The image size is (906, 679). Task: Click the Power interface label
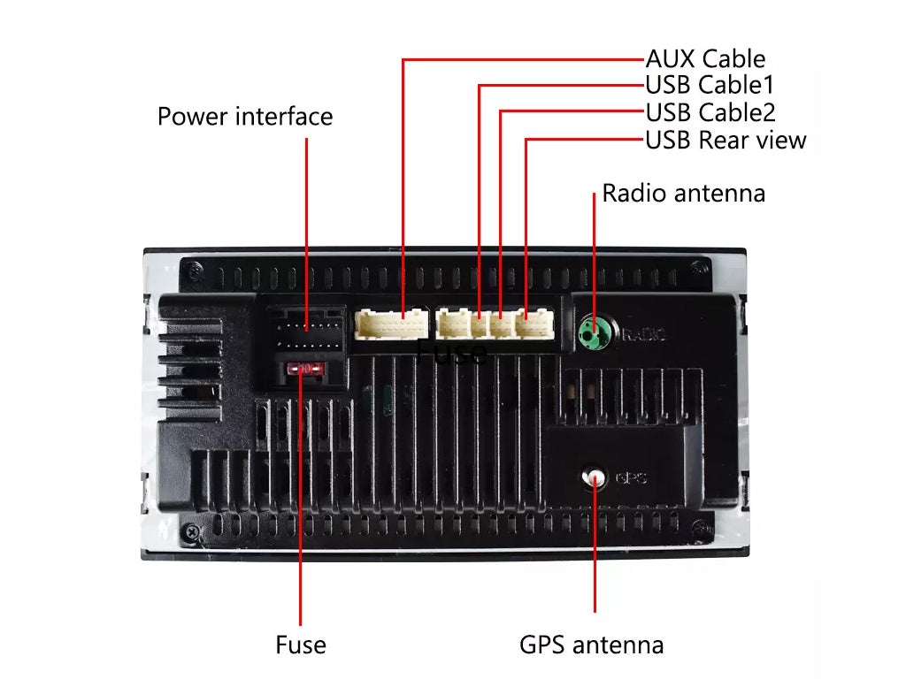click(245, 117)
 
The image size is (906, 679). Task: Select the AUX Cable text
click(705, 59)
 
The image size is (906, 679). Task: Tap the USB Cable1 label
click(710, 86)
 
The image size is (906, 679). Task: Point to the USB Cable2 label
click(710, 113)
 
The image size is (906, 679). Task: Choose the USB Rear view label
click(726, 140)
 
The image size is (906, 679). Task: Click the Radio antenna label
click(683, 194)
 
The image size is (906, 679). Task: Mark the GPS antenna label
click(591, 645)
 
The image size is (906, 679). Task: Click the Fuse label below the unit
click(301, 645)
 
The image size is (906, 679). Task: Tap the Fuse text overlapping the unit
click(451, 352)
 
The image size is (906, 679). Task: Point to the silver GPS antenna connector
click(594, 477)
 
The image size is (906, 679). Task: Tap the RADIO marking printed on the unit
click(643, 334)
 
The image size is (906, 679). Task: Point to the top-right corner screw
click(703, 270)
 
